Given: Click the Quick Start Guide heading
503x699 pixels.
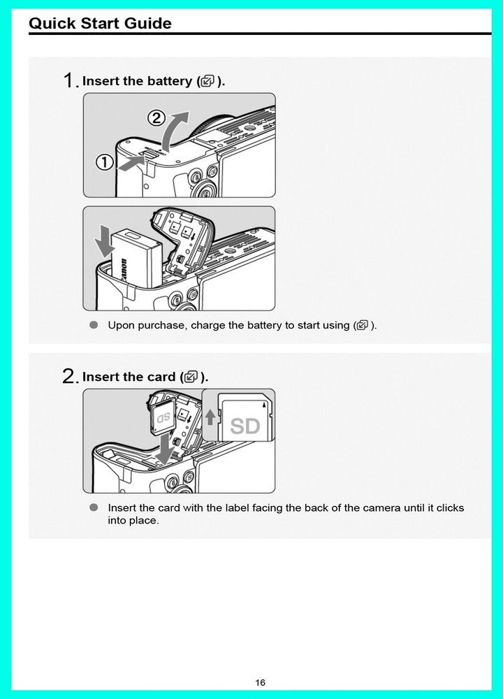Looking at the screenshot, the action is tap(100, 23).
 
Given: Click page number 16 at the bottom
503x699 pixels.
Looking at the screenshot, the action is tap(260, 682).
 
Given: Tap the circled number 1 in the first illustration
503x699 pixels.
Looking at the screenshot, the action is tap(105, 162).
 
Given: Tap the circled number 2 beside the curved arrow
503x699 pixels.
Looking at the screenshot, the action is tap(156, 119).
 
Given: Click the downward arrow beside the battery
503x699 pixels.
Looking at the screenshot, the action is tap(104, 241).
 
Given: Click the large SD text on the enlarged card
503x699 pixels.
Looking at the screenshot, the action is tap(245, 426).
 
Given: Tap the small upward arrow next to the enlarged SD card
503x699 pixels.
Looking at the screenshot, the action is tap(210, 417).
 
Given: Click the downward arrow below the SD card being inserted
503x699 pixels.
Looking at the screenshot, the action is tap(165, 448).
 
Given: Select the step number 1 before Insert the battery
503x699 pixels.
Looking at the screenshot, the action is tap(68, 80).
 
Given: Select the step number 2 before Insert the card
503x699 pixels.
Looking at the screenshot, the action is tap(69, 377).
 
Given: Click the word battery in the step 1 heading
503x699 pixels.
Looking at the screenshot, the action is tap(169, 81).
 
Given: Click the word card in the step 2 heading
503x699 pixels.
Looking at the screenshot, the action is tap(161, 377).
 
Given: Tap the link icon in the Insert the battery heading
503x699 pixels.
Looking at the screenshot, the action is tap(207, 81).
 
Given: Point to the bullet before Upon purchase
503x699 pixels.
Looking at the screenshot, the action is tap(94, 325).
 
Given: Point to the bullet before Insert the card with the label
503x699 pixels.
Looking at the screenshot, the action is tap(94, 507).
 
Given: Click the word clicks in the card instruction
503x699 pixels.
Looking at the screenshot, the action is tap(450, 507).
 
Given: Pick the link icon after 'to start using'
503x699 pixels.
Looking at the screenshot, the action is tap(363, 325).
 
